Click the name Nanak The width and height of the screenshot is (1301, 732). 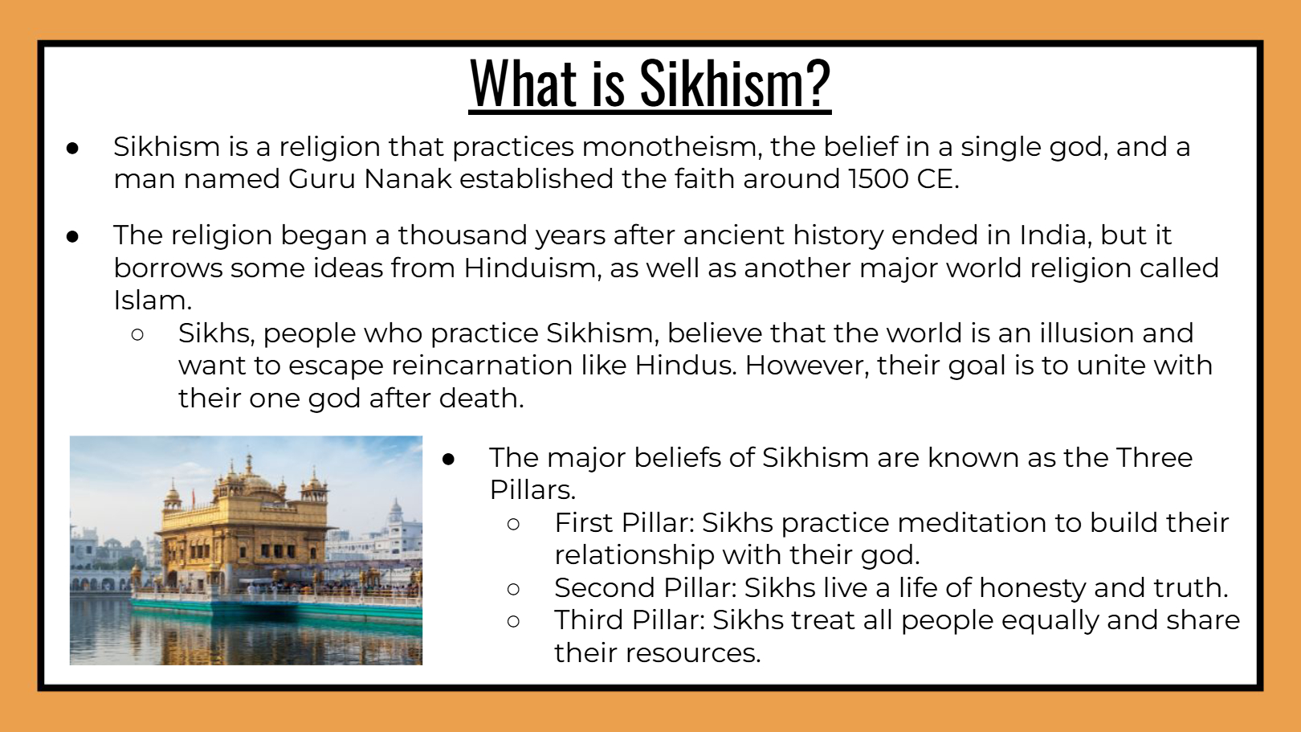(408, 179)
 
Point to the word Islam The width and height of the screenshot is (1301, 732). (152, 301)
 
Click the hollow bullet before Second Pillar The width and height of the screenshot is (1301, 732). (513, 589)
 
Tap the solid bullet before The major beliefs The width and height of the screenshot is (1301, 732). (448, 459)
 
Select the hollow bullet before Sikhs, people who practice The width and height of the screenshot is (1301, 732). (137, 334)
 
